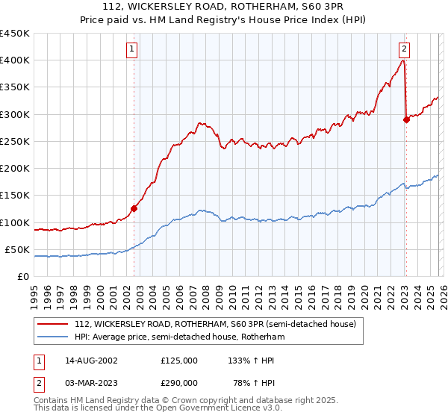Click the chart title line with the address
pos(223,8)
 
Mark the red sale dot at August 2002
pos(134,209)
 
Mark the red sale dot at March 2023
pos(406,119)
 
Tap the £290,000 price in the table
pos(179,382)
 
